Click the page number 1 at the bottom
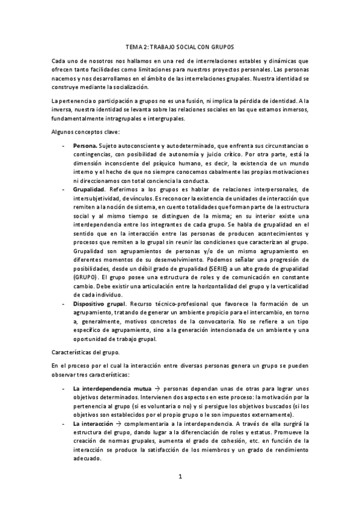pos(180,478)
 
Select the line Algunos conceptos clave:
pos(86,132)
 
